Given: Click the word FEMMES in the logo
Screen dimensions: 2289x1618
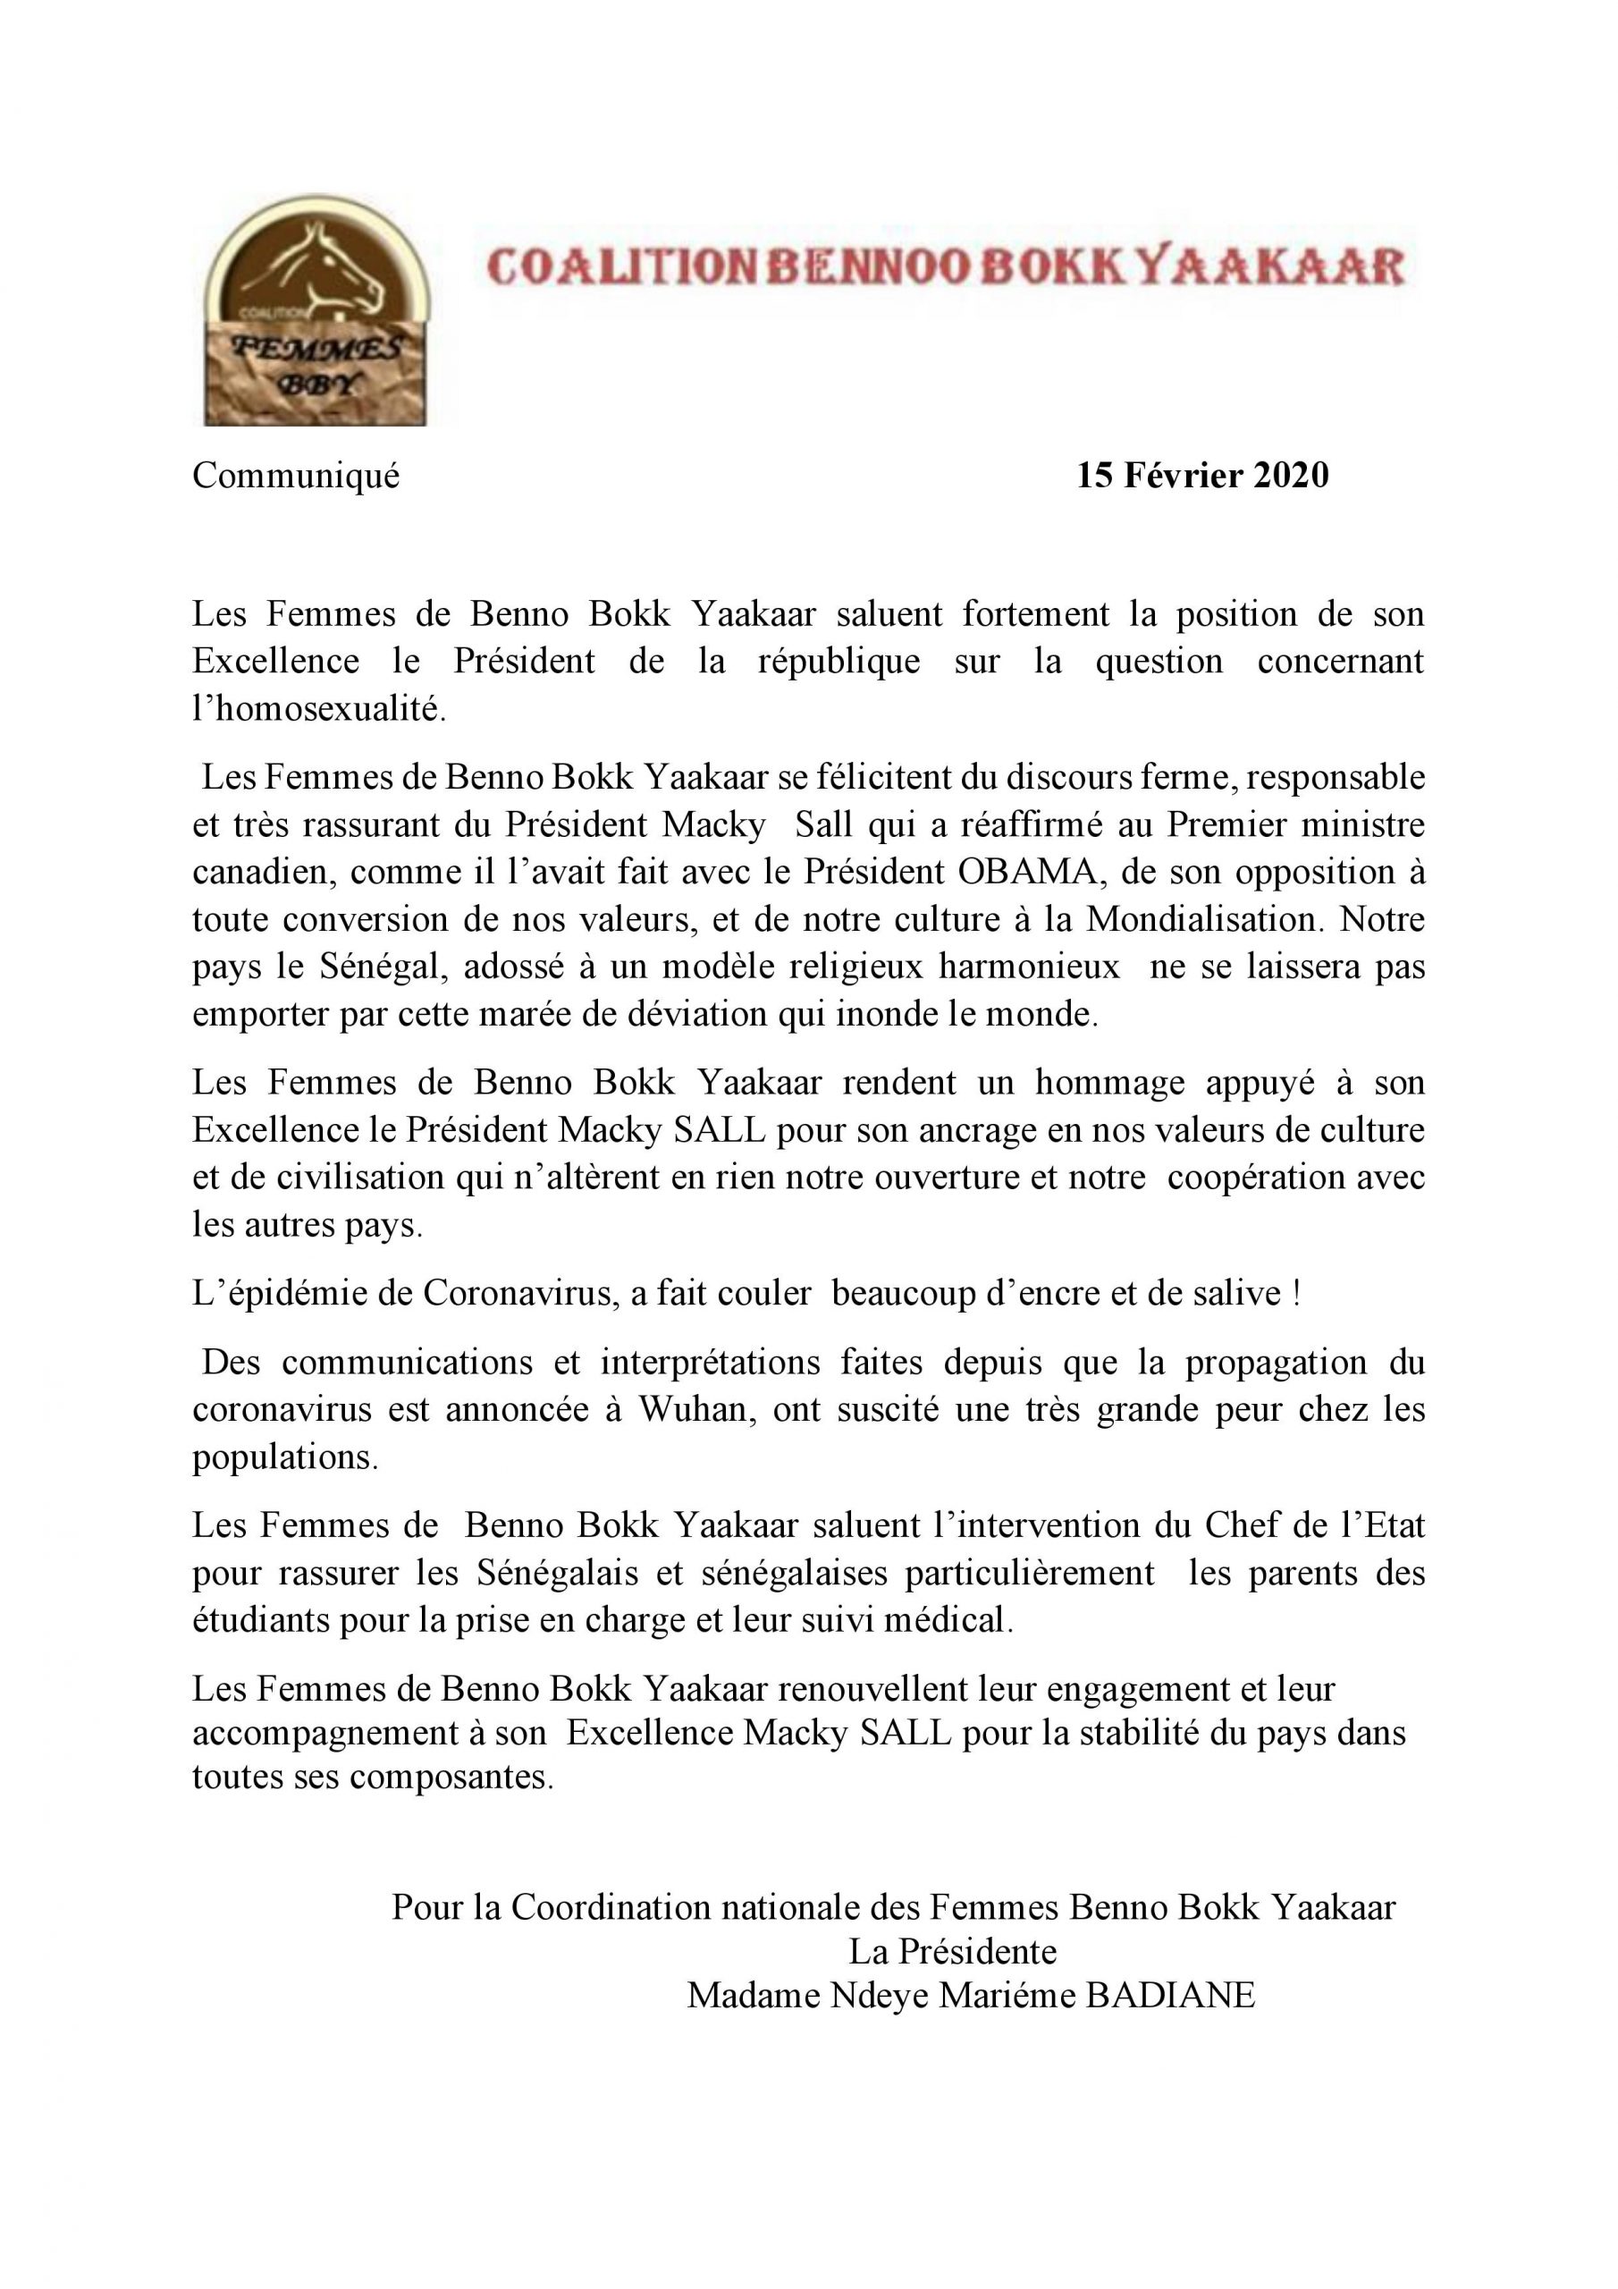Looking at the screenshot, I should click(318, 349).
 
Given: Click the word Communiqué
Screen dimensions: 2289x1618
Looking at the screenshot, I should click(295, 477).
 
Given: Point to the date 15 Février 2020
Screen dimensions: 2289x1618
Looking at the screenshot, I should click(1202, 477).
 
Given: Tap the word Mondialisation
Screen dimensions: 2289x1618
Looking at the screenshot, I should click(1205, 918).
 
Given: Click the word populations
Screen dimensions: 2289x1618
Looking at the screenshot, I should click(285, 1457).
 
